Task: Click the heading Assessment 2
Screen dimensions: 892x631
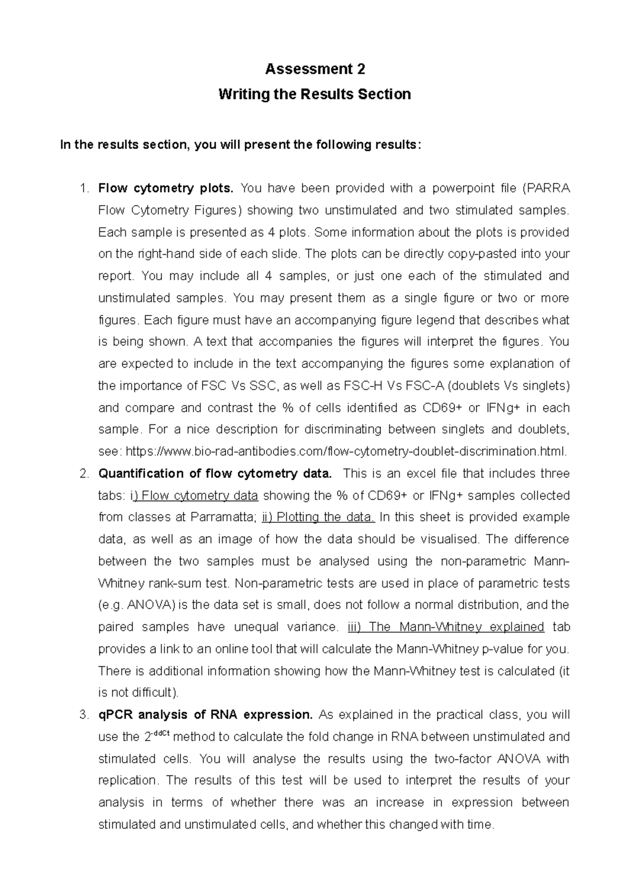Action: [x=314, y=69]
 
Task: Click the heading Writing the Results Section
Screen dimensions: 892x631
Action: [x=314, y=94]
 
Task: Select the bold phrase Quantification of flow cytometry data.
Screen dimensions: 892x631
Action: [x=215, y=473]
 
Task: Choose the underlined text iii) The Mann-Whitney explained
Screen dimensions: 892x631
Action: [x=446, y=627]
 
